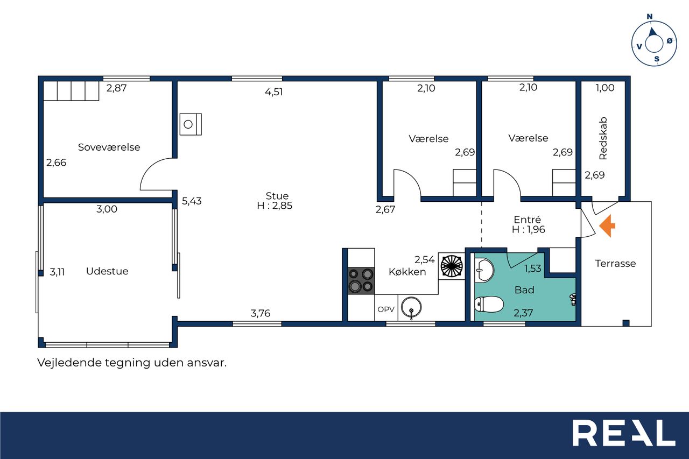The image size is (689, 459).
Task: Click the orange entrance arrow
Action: point(607,226)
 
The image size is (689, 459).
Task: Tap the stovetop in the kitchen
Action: point(361,280)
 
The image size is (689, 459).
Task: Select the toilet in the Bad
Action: point(489,305)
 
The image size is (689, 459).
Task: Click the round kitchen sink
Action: point(411,307)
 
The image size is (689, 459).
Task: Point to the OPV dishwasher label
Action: point(386,309)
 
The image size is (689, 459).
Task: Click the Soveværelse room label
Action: point(109,147)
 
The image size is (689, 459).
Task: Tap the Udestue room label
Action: point(107,271)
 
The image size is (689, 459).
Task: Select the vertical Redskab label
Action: point(603,138)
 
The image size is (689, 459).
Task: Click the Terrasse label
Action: point(615,264)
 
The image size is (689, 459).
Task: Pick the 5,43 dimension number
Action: point(192,201)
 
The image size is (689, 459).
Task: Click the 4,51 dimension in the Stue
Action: point(274,92)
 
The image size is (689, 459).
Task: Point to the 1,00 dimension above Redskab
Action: point(605,88)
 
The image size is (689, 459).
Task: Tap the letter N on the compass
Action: point(650,17)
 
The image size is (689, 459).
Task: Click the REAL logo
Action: point(624,433)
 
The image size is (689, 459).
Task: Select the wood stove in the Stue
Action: point(191,124)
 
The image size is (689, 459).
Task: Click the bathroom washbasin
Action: point(484,270)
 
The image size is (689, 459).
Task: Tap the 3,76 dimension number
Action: point(261,313)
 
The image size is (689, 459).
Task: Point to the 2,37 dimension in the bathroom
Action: point(523,313)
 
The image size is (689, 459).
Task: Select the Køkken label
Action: point(407,272)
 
